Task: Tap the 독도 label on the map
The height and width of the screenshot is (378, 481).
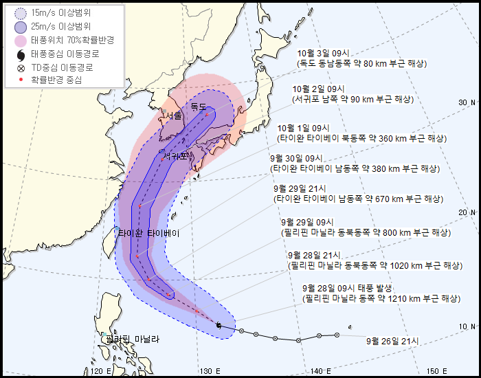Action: click(x=198, y=107)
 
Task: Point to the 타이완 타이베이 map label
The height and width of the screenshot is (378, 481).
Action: click(x=148, y=233)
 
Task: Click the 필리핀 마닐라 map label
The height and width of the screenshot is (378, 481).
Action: click(x=131, y=339)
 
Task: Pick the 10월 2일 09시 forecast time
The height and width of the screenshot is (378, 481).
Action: click(x=317, y=89)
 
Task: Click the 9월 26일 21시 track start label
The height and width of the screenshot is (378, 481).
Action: click(x=392, y=340)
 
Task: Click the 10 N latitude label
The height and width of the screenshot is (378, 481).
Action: click(x=467, y=326)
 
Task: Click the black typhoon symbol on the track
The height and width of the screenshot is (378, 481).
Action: click(x=218, y=325)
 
